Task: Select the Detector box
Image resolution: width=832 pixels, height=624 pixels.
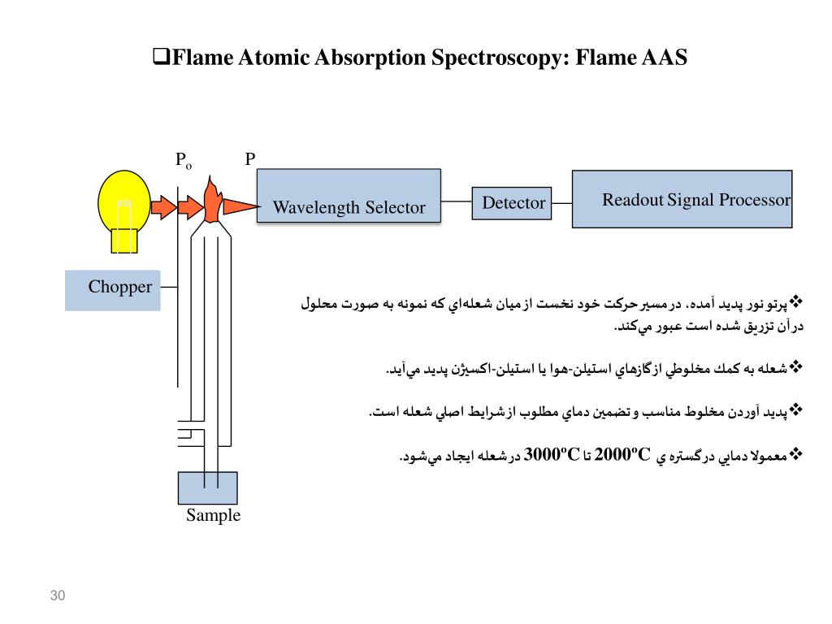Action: point(511,202)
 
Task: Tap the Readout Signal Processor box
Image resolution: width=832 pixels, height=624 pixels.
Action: point(682,198)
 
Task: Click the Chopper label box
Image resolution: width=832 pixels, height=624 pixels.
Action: point(113,290)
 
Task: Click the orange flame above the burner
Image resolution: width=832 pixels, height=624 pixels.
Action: point(212,201)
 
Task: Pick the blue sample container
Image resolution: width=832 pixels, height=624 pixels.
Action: point(208,487)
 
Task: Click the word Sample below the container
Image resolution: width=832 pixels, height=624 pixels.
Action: point(214,515)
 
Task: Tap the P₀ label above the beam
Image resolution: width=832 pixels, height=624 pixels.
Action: point(184,160)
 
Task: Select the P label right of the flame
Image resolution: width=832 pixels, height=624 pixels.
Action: point(250,159)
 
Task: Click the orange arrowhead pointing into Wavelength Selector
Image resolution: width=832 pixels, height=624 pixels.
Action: point(241,206)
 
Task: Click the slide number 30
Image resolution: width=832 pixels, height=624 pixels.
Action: point(57,596)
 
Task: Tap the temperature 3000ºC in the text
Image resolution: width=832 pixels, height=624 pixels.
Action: point(552,454)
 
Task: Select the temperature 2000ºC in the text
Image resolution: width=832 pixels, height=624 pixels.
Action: point(623,454)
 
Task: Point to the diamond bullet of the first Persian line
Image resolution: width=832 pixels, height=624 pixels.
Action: point(796,302)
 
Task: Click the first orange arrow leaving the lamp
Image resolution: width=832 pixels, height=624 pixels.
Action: point(163,207)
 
